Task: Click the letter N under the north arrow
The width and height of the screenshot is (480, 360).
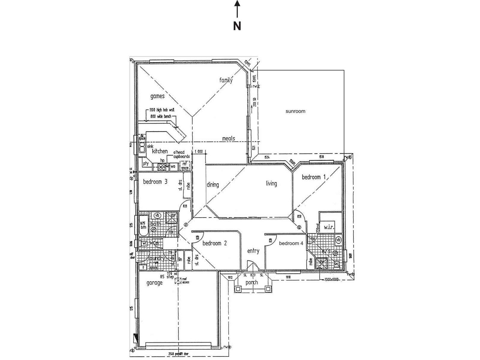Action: pyautogui.click(x=237, y=26)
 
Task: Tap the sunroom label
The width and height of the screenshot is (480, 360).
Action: pyautogui.click(x=295, y=111)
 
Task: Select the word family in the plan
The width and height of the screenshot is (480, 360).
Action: pyautogui.click(x=226, y=80)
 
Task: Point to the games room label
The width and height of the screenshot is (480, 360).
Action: pyautogui.click(x=157, y=96)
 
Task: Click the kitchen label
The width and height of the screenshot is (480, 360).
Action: pyautogui.click(x=160, y=151)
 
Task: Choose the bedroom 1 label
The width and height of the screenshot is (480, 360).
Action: pyautogui.click(x=313, y=177)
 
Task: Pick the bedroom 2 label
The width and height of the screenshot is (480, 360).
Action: pyautogui.click(x=214, y=243)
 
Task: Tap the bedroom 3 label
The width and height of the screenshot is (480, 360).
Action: pyautogui.click(x=155, y=181)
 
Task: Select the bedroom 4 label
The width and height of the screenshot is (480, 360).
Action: pyautogui.click(x=291, y=243)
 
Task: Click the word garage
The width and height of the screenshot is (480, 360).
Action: pyautogui.click(x=154, y=283)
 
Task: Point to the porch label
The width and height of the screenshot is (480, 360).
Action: pyautogui.click(x=251, y=282)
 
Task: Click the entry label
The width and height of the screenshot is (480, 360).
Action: pyautogui.click(x=253, y=251)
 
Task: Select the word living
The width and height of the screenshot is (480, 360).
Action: pyautogui.click(x=271, y=183)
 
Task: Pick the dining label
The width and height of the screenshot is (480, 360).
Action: pyautogui.click(x=213, y=185)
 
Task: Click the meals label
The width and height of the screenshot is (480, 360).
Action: pyautogui.click(x=229, y=139)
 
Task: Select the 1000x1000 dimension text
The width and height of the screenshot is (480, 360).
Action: pyautogui.click(x=331, y=279)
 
